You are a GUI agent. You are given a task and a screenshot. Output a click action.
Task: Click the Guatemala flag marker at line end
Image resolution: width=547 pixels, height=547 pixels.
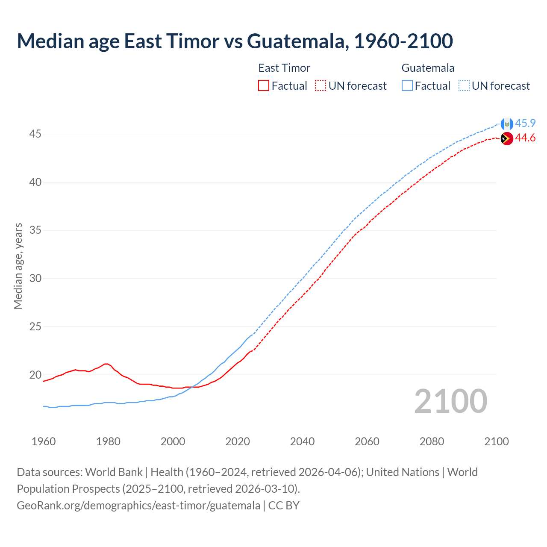tap(507, 124)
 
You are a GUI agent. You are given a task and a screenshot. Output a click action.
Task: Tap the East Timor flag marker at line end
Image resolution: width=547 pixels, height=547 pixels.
tap(507, 138)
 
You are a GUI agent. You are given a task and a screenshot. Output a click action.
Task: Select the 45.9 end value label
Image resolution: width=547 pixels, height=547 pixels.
tap(525, 123)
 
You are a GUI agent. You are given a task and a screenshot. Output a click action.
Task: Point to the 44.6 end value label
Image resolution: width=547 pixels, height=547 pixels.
tap(525, 138)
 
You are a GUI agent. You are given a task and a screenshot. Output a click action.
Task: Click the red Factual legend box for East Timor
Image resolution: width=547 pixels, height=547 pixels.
tap(264, 86)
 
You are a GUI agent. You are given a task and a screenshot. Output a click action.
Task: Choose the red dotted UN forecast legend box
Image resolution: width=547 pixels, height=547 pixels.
tap(321, 86)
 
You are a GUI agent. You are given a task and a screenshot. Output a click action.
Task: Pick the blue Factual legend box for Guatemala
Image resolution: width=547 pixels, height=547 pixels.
tap(407, 86)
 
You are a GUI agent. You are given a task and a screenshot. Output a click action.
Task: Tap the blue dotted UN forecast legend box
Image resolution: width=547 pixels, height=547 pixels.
tap(464, 86)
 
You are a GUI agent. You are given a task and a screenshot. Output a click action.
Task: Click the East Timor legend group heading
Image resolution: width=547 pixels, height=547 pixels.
tap(284, 68)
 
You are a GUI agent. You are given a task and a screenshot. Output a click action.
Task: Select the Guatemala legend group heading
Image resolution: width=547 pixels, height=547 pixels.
tap(428, 68)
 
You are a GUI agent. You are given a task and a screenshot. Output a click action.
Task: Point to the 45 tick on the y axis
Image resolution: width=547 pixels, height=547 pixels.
tap(35, 134)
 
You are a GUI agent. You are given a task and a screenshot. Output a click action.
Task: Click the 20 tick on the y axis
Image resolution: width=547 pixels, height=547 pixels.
tap(35, 375)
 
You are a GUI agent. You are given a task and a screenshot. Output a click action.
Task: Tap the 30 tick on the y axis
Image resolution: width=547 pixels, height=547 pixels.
tap(35, 279)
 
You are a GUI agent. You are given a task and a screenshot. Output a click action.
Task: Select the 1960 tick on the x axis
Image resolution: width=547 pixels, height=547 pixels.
tap(44, 441)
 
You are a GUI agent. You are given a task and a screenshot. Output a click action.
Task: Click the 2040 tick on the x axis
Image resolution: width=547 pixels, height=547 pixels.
tap(302, 441)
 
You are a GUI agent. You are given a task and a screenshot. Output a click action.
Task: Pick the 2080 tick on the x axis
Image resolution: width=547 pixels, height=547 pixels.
tap(432, 441)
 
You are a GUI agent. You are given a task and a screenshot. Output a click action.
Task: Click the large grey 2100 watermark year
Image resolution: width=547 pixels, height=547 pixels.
tap(450, 401)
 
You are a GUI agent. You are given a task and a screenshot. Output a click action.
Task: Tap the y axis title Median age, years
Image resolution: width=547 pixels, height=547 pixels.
tap(18, 266)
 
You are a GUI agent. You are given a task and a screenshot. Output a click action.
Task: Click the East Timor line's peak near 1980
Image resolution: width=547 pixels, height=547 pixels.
tap(106, 364)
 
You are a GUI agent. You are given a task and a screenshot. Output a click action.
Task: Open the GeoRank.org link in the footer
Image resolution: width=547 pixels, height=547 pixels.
tap(138, 505)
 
